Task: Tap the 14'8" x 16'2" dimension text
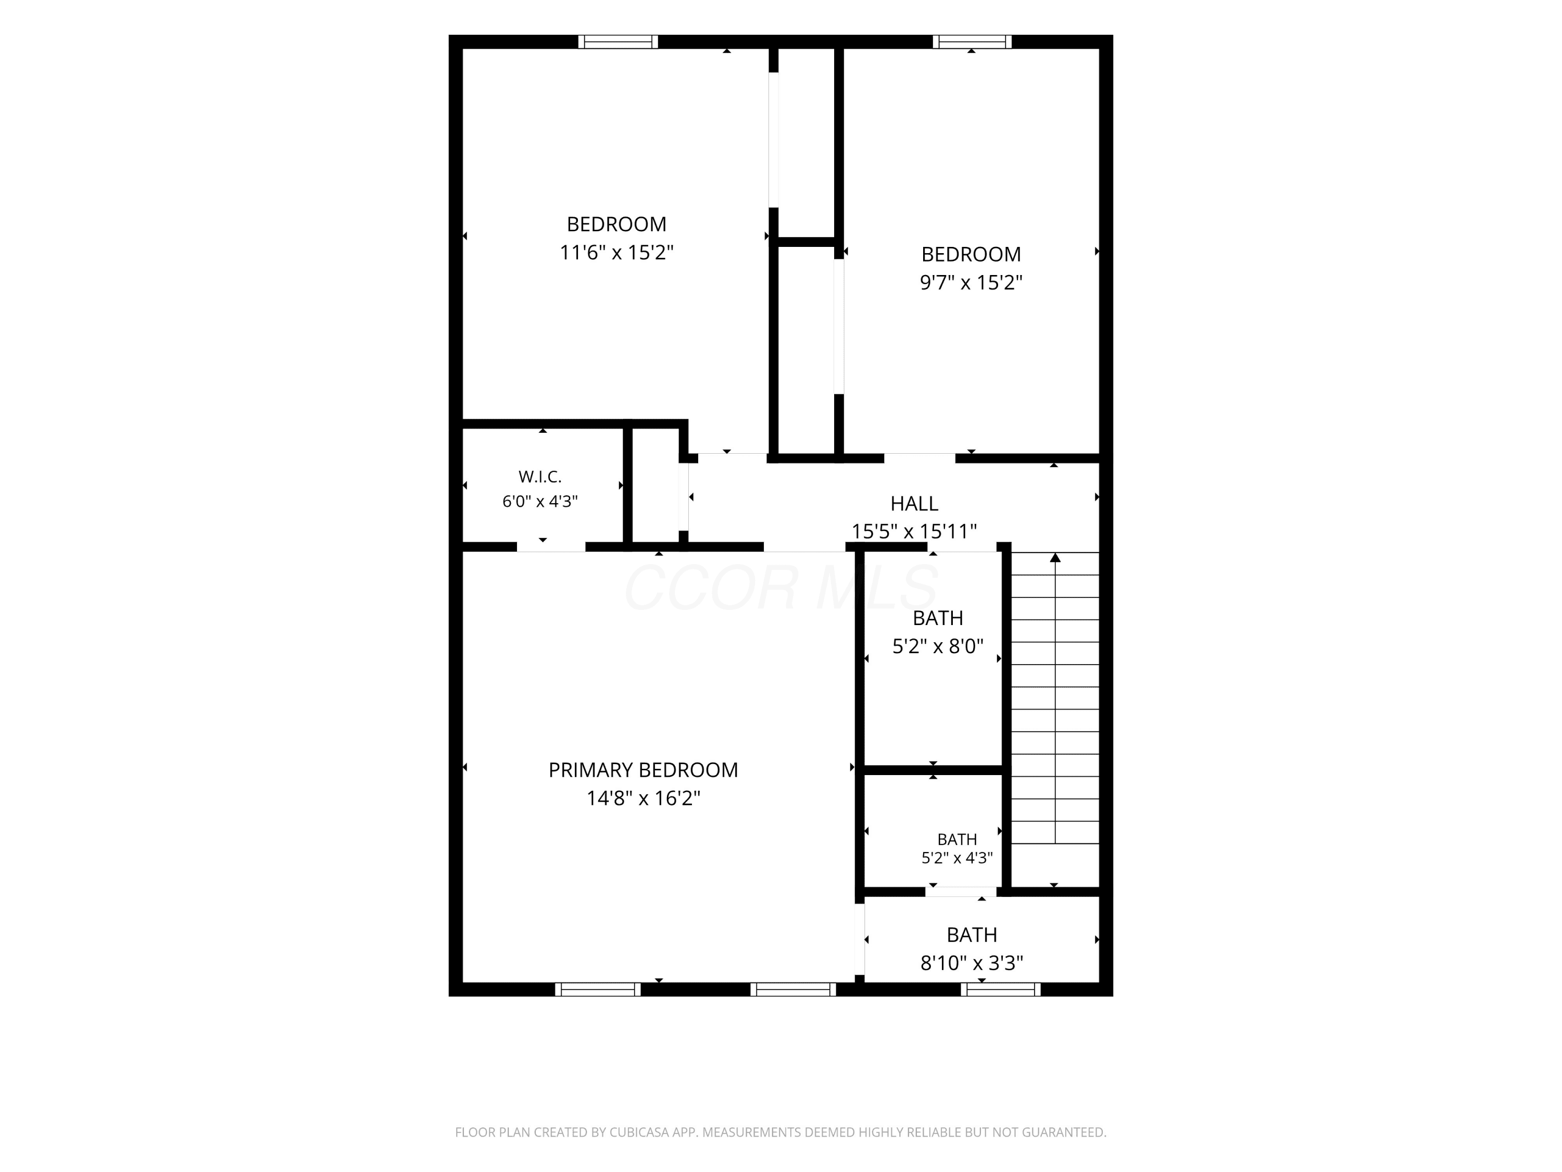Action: [644, 799]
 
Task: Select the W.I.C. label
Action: [540, 477]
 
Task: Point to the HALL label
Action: [914, 504]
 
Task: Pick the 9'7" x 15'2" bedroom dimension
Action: [971, 282]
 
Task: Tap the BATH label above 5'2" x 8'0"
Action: [938, 618]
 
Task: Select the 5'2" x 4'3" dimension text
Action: [957, 857]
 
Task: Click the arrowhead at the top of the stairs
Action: [1055, 557]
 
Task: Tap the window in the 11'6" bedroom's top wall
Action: [618, 42]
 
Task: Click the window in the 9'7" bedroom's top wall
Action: [972, 42]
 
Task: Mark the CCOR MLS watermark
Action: [781, 587]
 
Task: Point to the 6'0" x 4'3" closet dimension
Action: [540, 502]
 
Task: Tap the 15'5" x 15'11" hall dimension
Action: [914, 531]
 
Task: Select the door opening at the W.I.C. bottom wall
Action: [551, 547]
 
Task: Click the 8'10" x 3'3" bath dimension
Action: [972, 963]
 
